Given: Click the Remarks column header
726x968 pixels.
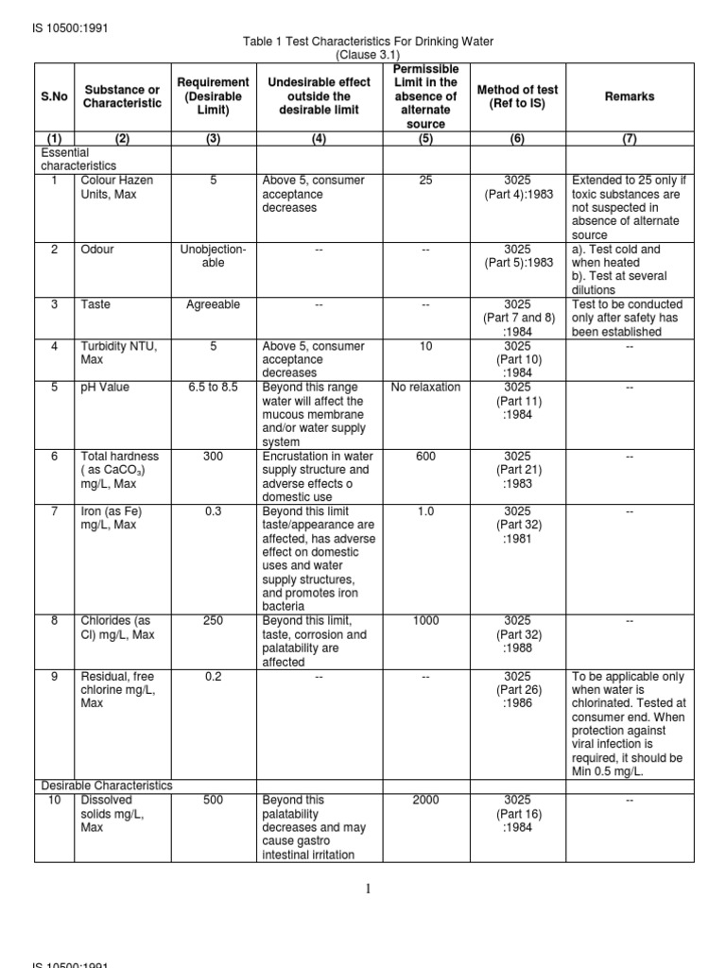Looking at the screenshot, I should [x=630, y=96].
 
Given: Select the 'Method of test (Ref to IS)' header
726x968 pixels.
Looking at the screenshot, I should [x=517, y=96].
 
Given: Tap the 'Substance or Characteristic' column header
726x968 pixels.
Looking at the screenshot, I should [x=121, y=96].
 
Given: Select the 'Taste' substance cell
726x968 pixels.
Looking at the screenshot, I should [x=95, y=304].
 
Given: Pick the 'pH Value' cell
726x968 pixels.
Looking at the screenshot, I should [x=105, y=388].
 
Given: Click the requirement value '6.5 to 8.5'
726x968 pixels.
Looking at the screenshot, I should [x=213, y=388].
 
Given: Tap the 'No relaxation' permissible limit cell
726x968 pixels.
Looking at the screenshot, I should [x=425, y=388].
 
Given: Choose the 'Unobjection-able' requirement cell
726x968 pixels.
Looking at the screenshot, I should [x=213, y=256].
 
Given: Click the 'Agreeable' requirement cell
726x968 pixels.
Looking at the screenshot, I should [x=213, y=304].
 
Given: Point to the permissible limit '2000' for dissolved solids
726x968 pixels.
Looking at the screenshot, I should [x=425, y=801].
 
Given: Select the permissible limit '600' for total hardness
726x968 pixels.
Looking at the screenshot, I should [x=425, y=457].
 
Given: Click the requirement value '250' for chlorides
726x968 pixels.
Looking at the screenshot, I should [x=213, y=621].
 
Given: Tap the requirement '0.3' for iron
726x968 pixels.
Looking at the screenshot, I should [x=213, y=511].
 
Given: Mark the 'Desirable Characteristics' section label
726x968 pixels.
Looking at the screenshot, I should [x=106, y=786].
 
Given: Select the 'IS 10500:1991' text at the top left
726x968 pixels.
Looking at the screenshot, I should [x=71, y=27].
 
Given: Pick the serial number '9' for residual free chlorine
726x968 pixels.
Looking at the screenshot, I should [x=55, y=677].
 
